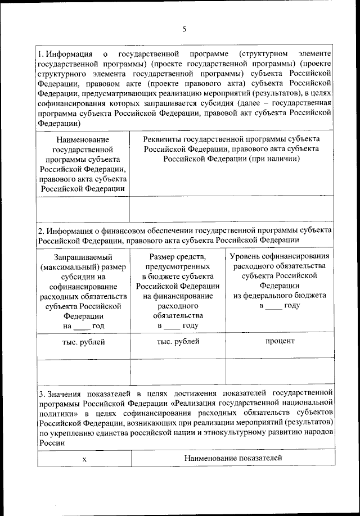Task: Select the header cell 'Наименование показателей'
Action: pyautogui.click(x=233, y=458)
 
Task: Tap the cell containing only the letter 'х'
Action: pyautogui.click(x=84, y=459)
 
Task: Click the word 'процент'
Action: pyautogui.click(x=280, y=341)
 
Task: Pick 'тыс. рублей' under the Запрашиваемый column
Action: pyautogui.click(x=83, y=341)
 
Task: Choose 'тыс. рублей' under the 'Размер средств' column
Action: pyautogui.click(x=178, y=341)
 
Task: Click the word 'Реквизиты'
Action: pyautogui.click(x=162, y=138)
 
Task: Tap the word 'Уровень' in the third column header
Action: pyautogui.click(x=247, y=256)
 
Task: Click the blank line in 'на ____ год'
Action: pyautogui.click(x=82, y=326)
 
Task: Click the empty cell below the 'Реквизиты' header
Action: pyautogui.click(x=232, y=209)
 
